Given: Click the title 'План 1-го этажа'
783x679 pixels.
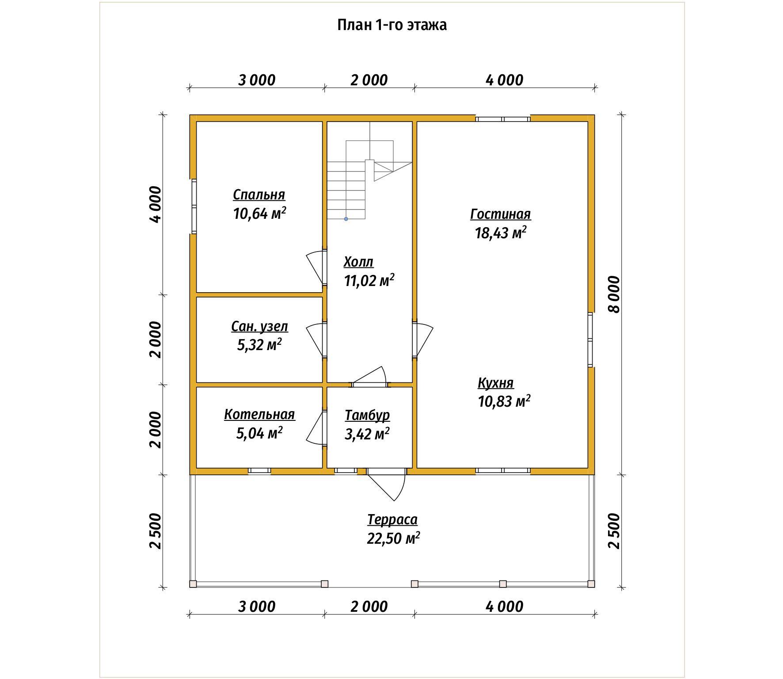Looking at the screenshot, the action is pyautogui.click(x=391, y=25).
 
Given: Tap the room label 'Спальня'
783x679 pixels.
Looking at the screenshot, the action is pyautogui.click(x=259, y=195).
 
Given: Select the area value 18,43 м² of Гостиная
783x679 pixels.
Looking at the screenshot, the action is pyautogui.click(x=500, y=233).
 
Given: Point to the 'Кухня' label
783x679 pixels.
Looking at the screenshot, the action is pyautogui.click(x=495, y=383).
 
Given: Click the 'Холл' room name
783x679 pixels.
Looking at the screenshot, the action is pyautogui.click(x=358, y=262).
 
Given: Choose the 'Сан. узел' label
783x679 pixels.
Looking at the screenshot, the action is pyautogui.click(x=259, y=326).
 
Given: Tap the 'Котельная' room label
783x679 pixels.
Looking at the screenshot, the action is pyautogui.click(x=259, y=414).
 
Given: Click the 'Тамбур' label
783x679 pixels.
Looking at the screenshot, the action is pyautogui.click(x=367, y=415).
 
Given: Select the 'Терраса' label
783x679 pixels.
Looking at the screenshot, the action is pyautogui.click(x=392, y=519).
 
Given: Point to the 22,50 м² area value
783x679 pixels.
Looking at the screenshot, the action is pyautogui.click(x=393, y=538).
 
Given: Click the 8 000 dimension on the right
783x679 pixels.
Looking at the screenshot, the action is pyautogui.click(x=614, y=294).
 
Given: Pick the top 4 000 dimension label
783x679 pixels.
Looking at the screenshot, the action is pyautogui.click(x=504, y=80).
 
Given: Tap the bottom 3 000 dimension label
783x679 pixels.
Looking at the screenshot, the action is pyautogui.click(x=257, y=607).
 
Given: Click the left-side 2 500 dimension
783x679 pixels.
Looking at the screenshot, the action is pyautogui.click(x=156, y=531).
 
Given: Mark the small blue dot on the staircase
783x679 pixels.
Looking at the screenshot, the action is pyautogui.click(x=346, y=219).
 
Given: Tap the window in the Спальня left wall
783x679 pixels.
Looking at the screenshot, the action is pyautogui.click(x=194, y=206).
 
